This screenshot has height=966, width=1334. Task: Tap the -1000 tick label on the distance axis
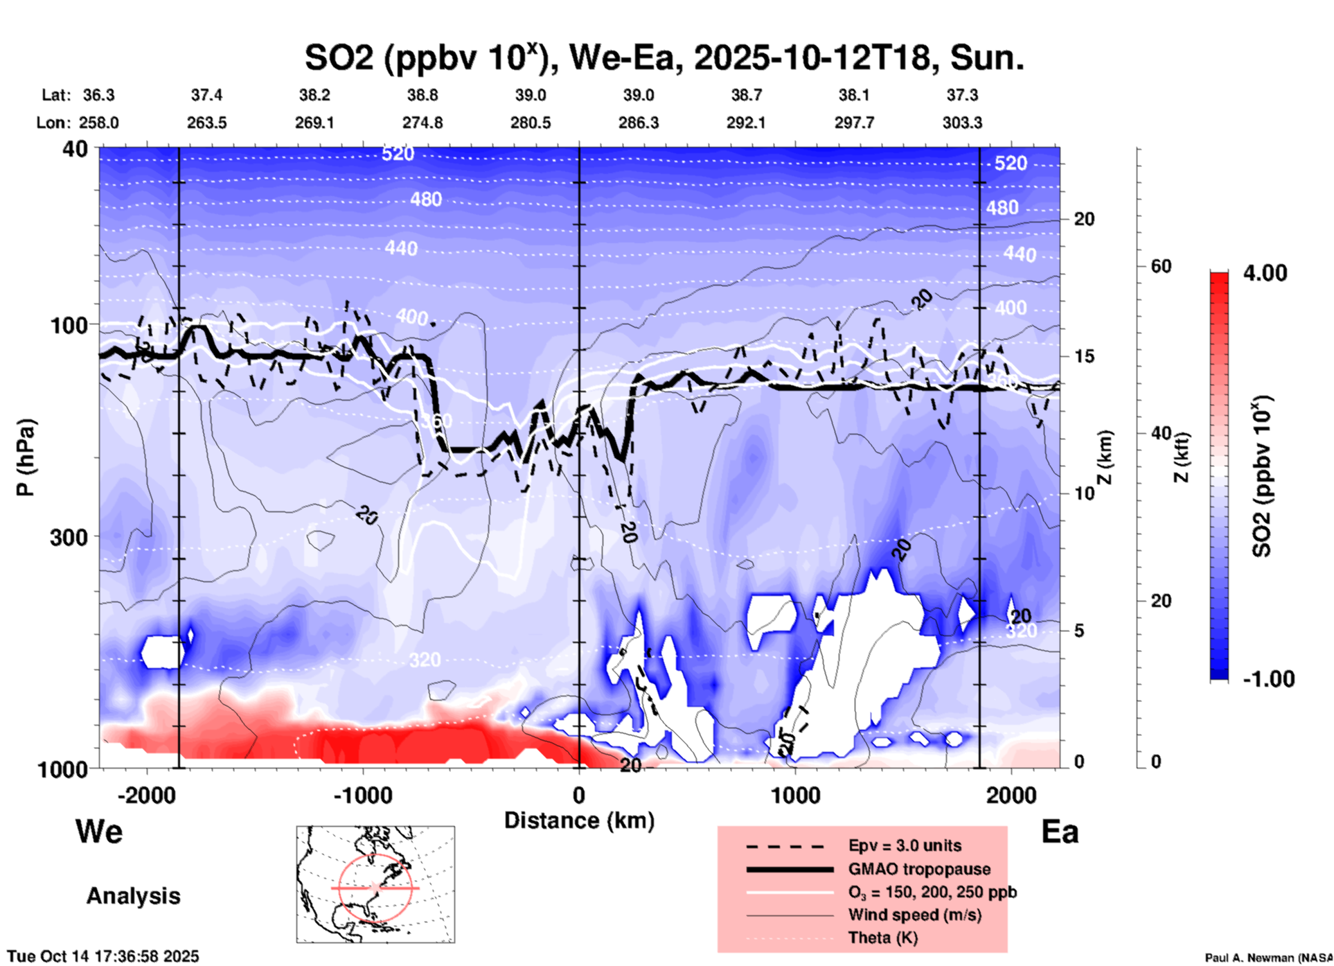(x=363, y=795)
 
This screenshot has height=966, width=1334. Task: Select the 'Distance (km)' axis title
(x=579, y=820)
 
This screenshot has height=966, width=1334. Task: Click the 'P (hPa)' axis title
(x=26, y=457)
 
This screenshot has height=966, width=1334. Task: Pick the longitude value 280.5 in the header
(x=531, y=123)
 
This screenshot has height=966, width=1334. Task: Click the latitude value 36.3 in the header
(x=98, y=95)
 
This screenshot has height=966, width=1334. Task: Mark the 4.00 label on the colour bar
(x=1265, y=273)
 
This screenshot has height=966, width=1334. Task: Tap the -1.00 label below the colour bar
(x=1268, y=678)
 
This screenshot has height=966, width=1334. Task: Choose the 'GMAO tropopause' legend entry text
(x=919, y=869)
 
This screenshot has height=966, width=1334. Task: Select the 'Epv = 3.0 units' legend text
(x=905, y=845)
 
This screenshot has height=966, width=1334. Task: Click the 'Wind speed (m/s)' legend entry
(x=914, y=915)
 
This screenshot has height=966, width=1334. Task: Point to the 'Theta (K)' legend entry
(x=882, y=938)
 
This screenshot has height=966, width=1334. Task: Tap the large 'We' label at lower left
(x=99, y=831)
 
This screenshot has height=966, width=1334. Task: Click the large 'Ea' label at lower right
(x=1060, y=832)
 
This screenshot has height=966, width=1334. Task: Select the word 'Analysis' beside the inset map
(x=133, y=895)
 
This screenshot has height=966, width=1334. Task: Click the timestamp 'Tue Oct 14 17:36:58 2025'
(x=103, y=956)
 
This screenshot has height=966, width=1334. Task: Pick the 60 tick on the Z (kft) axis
(x=1161, y=266)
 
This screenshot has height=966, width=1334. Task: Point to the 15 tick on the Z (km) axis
(x=1084, y=356)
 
